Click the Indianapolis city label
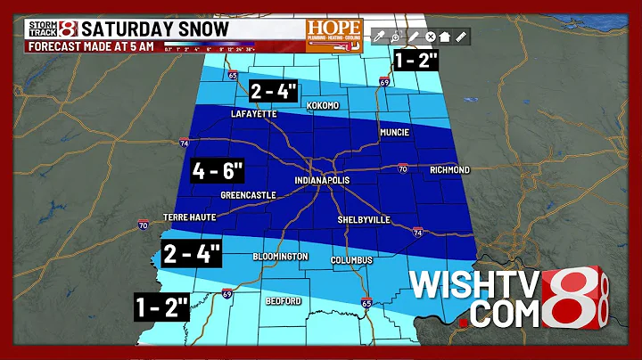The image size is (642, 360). (x=322, y=181)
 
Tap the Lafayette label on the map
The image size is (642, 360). (x=254, y=114)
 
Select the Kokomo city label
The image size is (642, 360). (x=324, y=106)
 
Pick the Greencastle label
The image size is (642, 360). (x=245, y=193)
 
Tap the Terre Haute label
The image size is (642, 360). (x=191, y=217)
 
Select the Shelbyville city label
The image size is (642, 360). (x=364, y=219)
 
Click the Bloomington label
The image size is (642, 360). (x=280, y=257)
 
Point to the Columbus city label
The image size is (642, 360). (x=349, y=260)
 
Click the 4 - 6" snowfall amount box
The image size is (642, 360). (x=216, y=168)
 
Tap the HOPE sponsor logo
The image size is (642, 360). (x=333, y=35)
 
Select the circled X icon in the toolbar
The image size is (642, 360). (x=429, y=37)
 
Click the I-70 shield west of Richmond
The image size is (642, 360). (x=402, y=167)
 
